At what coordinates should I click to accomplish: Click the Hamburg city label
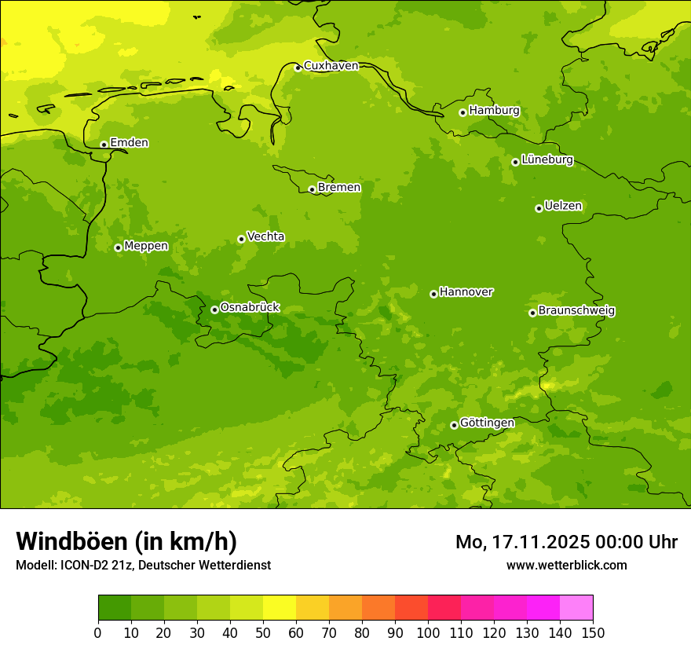494,111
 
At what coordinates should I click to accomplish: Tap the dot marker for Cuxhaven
298,68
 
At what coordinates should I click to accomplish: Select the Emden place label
129,143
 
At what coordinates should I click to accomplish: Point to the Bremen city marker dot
312,189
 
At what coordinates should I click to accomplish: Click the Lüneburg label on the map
547,160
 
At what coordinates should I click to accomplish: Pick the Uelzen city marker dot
539,208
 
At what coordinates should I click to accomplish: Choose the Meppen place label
146,246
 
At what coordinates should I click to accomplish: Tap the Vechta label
265,236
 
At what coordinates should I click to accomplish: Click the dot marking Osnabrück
214,310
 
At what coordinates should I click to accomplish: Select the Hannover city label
466,292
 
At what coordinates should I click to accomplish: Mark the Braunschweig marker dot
532,313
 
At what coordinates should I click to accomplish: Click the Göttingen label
487,423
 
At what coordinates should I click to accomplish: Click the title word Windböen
71,541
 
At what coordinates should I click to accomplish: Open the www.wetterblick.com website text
566,566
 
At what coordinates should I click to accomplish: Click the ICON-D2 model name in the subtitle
88,566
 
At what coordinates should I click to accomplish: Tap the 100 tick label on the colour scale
428,632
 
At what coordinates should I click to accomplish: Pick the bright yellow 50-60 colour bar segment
280,608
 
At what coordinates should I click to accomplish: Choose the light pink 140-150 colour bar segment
576,608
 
